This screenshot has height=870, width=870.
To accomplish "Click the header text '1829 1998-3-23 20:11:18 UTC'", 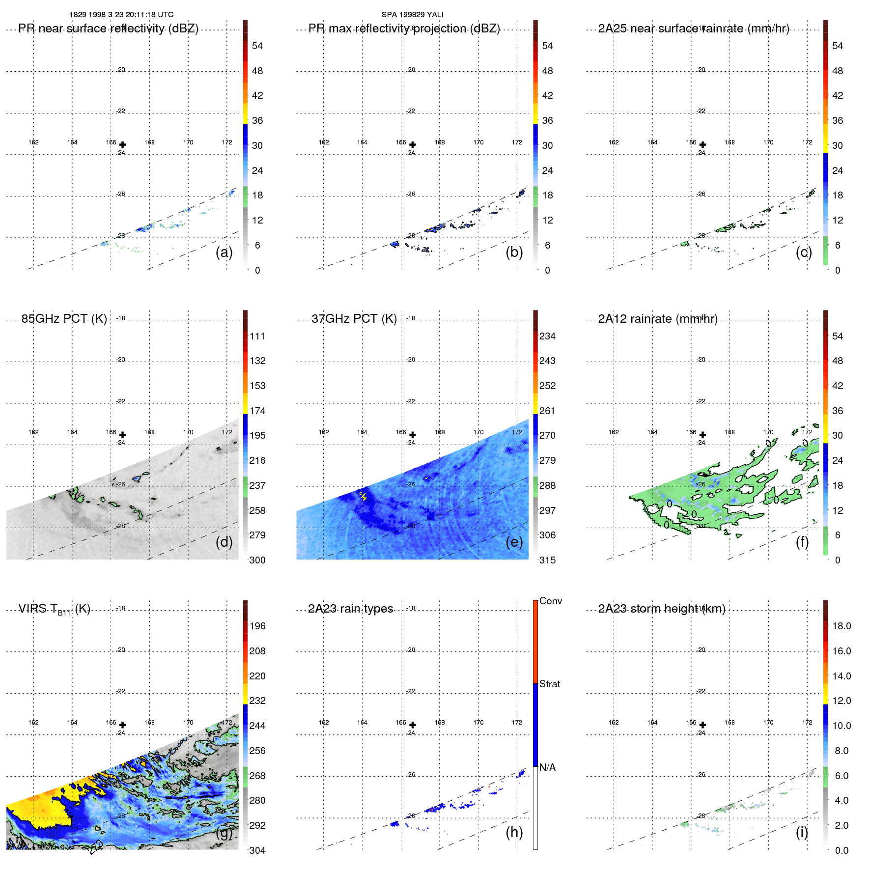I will click(121, 15).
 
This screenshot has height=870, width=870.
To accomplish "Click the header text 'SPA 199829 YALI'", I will click(412, 15).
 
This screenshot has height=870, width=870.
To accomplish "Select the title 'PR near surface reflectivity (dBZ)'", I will click(109, 28).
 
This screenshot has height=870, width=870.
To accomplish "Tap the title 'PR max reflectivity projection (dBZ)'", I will click(404, 28).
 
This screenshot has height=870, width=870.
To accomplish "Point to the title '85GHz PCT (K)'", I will click(64, 319).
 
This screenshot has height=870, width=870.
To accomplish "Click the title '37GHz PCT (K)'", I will click(354, 319).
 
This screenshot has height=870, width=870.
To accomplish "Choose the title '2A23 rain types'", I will click(350, 609).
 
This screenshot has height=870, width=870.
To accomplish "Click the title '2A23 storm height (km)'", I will click(662, 609).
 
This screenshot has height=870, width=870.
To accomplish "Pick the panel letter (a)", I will click(224, 252).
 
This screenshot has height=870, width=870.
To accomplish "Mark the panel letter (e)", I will click(514, 542).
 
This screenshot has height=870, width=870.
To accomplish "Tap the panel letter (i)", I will click(802, 832).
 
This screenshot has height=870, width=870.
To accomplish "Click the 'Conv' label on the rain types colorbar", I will click(551, 601).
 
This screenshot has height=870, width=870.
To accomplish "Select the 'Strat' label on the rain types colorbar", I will click(550, 684).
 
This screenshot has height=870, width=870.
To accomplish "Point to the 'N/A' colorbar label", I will click(548, 767).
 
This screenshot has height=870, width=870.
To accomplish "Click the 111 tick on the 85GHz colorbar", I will click(257, 336).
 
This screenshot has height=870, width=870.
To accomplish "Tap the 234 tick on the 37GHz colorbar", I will click(547, 336).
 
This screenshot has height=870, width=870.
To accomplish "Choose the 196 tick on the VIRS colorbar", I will click(257, 626).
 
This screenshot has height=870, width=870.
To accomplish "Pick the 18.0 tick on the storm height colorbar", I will click(842, 626).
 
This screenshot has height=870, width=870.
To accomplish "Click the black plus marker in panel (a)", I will click(122, 145).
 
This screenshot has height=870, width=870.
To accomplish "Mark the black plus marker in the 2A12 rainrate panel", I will click(702, 435).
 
